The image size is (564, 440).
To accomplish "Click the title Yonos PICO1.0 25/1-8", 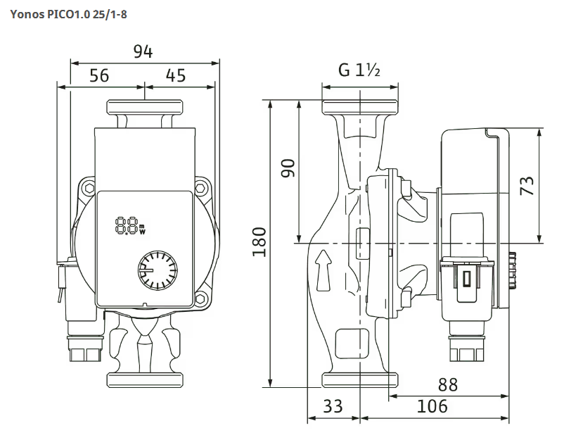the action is [x=68, y=15].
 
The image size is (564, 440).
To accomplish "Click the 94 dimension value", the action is [x=143, y=52].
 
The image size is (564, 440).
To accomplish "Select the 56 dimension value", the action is [x=99, y=75].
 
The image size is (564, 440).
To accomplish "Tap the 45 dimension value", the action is [x=176, y=75].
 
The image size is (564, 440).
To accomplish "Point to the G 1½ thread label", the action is [x=359, y=70].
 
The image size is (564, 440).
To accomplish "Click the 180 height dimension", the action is [x=259, y=242].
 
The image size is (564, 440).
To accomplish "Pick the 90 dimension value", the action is [x=288, y=168].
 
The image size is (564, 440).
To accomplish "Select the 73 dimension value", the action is [x=527, y=185].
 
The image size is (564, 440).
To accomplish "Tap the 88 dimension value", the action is [x=448, y=385].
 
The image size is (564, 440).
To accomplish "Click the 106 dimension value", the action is [x=432, y=406].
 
